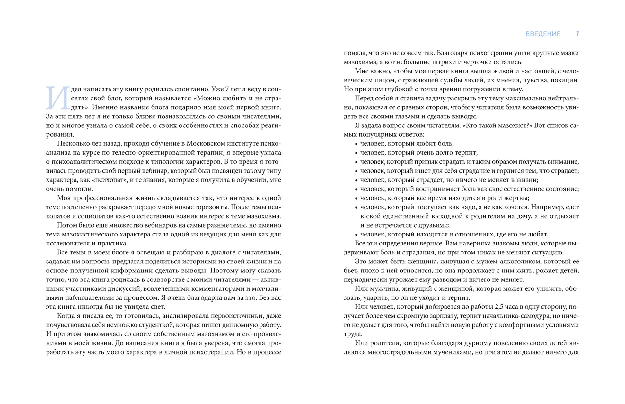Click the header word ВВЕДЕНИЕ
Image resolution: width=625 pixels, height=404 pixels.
click(x=543, y=34)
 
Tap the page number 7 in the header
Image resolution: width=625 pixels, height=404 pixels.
click(x=577, y=34)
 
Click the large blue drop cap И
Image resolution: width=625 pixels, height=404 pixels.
click(x=58, y=98)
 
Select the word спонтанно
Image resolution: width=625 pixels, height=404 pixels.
click(x=190, y=89)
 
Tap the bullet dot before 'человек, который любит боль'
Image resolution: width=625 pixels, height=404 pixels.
click(x=356, y=144)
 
